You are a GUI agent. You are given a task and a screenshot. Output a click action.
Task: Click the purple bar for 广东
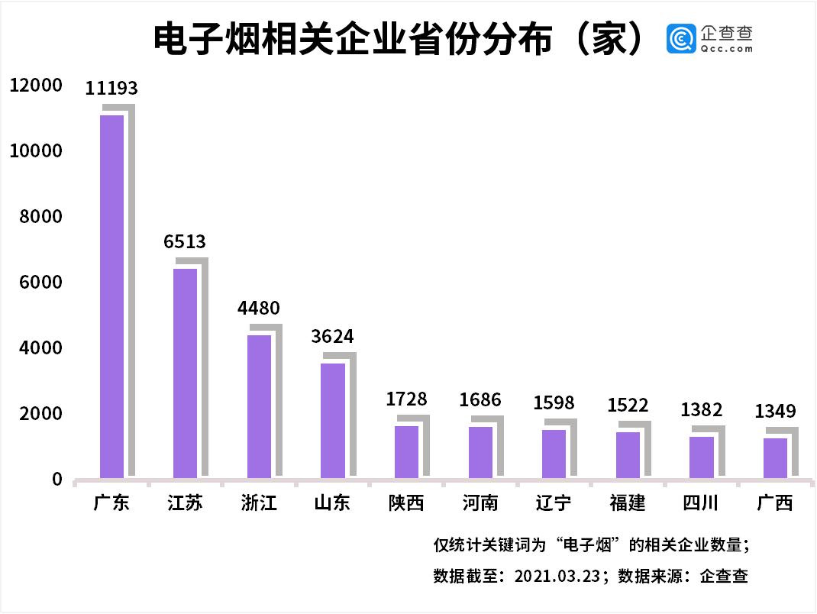(x=111, y=296)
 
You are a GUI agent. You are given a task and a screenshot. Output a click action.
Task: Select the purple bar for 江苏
(x=185, y=373)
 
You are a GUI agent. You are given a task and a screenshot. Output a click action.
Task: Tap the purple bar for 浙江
(x=259, y=406)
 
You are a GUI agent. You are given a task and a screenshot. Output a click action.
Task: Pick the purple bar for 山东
(x=333, y=420)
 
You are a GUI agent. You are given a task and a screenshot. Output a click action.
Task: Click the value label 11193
(x=111, y=89)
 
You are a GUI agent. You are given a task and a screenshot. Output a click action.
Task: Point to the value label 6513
(x=185, y=242)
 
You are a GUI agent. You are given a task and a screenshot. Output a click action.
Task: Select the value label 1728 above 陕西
(x=406, y=399)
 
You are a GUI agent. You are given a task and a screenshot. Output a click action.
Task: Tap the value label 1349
(x=776, y=412)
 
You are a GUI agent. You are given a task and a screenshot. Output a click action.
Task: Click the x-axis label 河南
(x=480, y=503)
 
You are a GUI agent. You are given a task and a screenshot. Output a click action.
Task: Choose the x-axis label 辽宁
(x=554, y=503)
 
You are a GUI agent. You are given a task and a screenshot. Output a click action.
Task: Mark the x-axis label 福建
(x=628, y=503)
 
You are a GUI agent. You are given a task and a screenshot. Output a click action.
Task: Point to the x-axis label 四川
(x=701, y=503)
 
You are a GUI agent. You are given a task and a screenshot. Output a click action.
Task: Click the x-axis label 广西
(x=775, y=503)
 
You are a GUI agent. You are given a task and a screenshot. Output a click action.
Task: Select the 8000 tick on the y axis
(x=40, y=217)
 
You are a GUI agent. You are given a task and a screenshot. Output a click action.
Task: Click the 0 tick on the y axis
(x=57, y=479)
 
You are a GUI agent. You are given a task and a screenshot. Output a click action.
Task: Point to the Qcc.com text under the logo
(x=726, y=48)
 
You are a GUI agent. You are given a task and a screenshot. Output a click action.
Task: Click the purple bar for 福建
(x=628, y=454)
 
